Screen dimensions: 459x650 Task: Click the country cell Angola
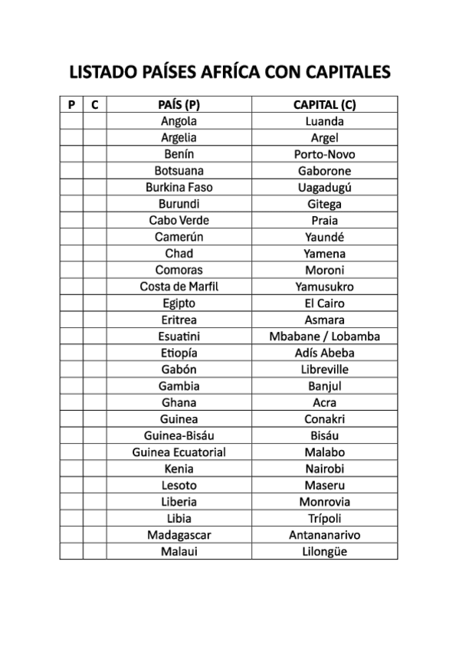[179, 121]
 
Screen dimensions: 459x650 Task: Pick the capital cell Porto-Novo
[325, 154]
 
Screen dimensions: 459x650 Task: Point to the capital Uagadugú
[325, 187]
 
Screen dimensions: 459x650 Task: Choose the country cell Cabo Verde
[179, 220]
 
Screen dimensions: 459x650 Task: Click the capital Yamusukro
[325, 287]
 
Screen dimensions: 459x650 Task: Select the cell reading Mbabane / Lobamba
[325, 336]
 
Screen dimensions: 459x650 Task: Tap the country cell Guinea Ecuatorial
[179, 452]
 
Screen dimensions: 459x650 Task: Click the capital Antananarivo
[325, 535]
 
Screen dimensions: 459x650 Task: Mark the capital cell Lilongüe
[325, 551]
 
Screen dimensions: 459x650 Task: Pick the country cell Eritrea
[179, 320]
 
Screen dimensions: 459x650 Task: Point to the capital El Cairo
[325, 304]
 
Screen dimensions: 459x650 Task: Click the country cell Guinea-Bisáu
[179, 435]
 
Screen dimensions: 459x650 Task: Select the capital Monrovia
[325, 502]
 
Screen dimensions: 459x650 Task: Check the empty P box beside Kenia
[71, 468]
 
